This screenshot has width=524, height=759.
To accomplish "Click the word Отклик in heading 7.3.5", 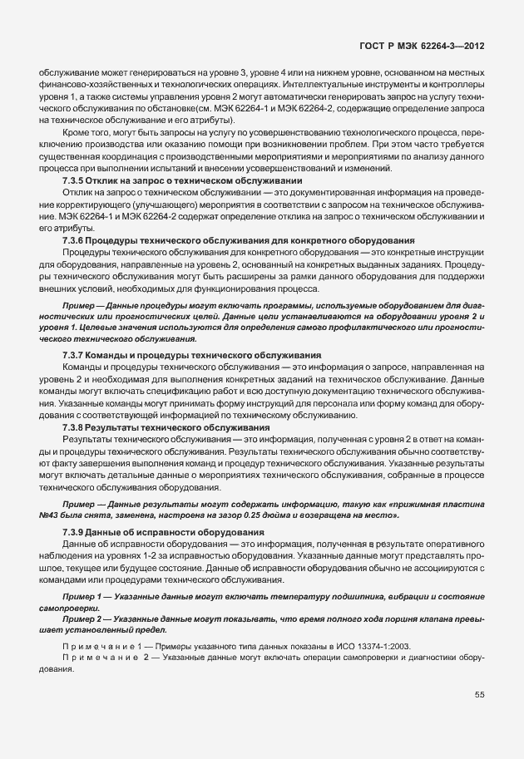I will click(112, 180).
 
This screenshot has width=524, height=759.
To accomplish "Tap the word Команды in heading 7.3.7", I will click(116, 355).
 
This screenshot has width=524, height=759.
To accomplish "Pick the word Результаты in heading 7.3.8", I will click(121, 426).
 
